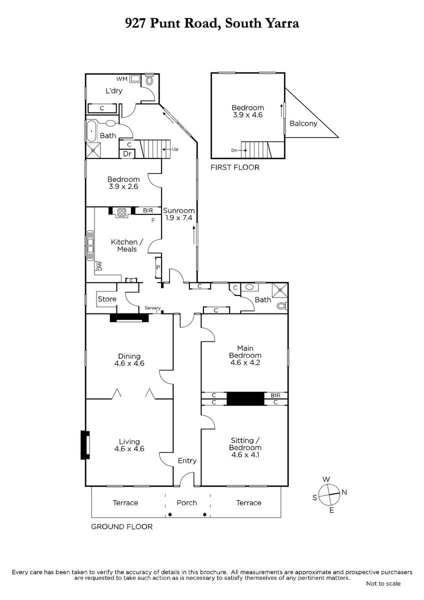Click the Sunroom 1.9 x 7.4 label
178,214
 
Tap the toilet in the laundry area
149,79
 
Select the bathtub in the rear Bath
91,131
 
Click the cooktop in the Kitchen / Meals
122,212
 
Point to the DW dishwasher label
99,266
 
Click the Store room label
107,299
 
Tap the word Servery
152,308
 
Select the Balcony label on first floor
303,123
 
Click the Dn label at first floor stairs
234,150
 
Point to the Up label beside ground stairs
175,149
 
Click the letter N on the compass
344,492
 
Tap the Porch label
186,503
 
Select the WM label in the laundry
121,79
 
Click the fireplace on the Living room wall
85,445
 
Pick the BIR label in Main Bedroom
275,395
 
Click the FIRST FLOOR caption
235,167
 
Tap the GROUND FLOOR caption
121,527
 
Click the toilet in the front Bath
282,305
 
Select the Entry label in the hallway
187,460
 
